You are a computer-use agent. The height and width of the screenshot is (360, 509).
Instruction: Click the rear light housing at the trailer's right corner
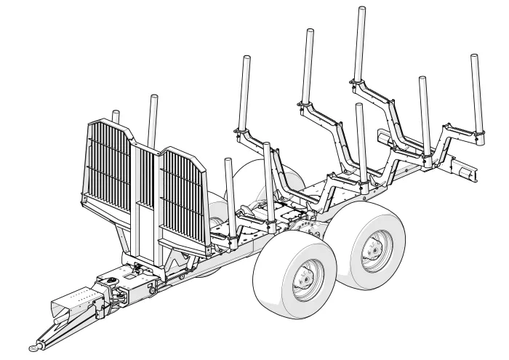tap(462, 169)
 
